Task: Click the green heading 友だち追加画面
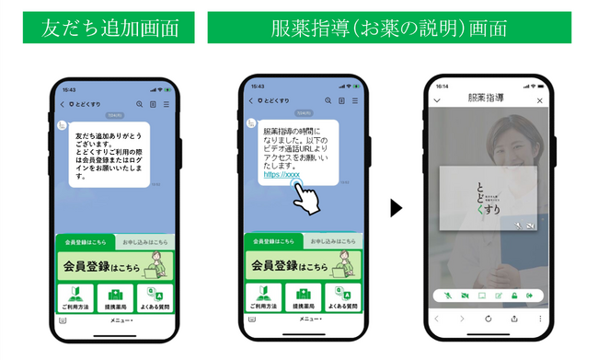point(109,26)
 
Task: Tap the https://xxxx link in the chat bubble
point(282,173)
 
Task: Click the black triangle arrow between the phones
point(397,208)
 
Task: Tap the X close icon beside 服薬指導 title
point(540,100)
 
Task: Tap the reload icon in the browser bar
point(489,319)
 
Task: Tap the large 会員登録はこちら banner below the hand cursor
point(300,264)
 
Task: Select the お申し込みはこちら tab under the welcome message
point(143,241)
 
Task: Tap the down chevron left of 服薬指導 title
point(437,100)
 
